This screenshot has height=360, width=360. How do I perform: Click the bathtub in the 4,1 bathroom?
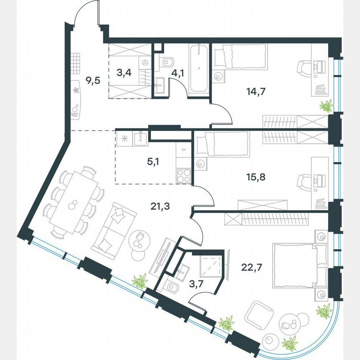click(199, 69)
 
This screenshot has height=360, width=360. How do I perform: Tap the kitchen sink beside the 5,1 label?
click(141, 138)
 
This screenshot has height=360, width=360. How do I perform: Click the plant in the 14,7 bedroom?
click(326, 106)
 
